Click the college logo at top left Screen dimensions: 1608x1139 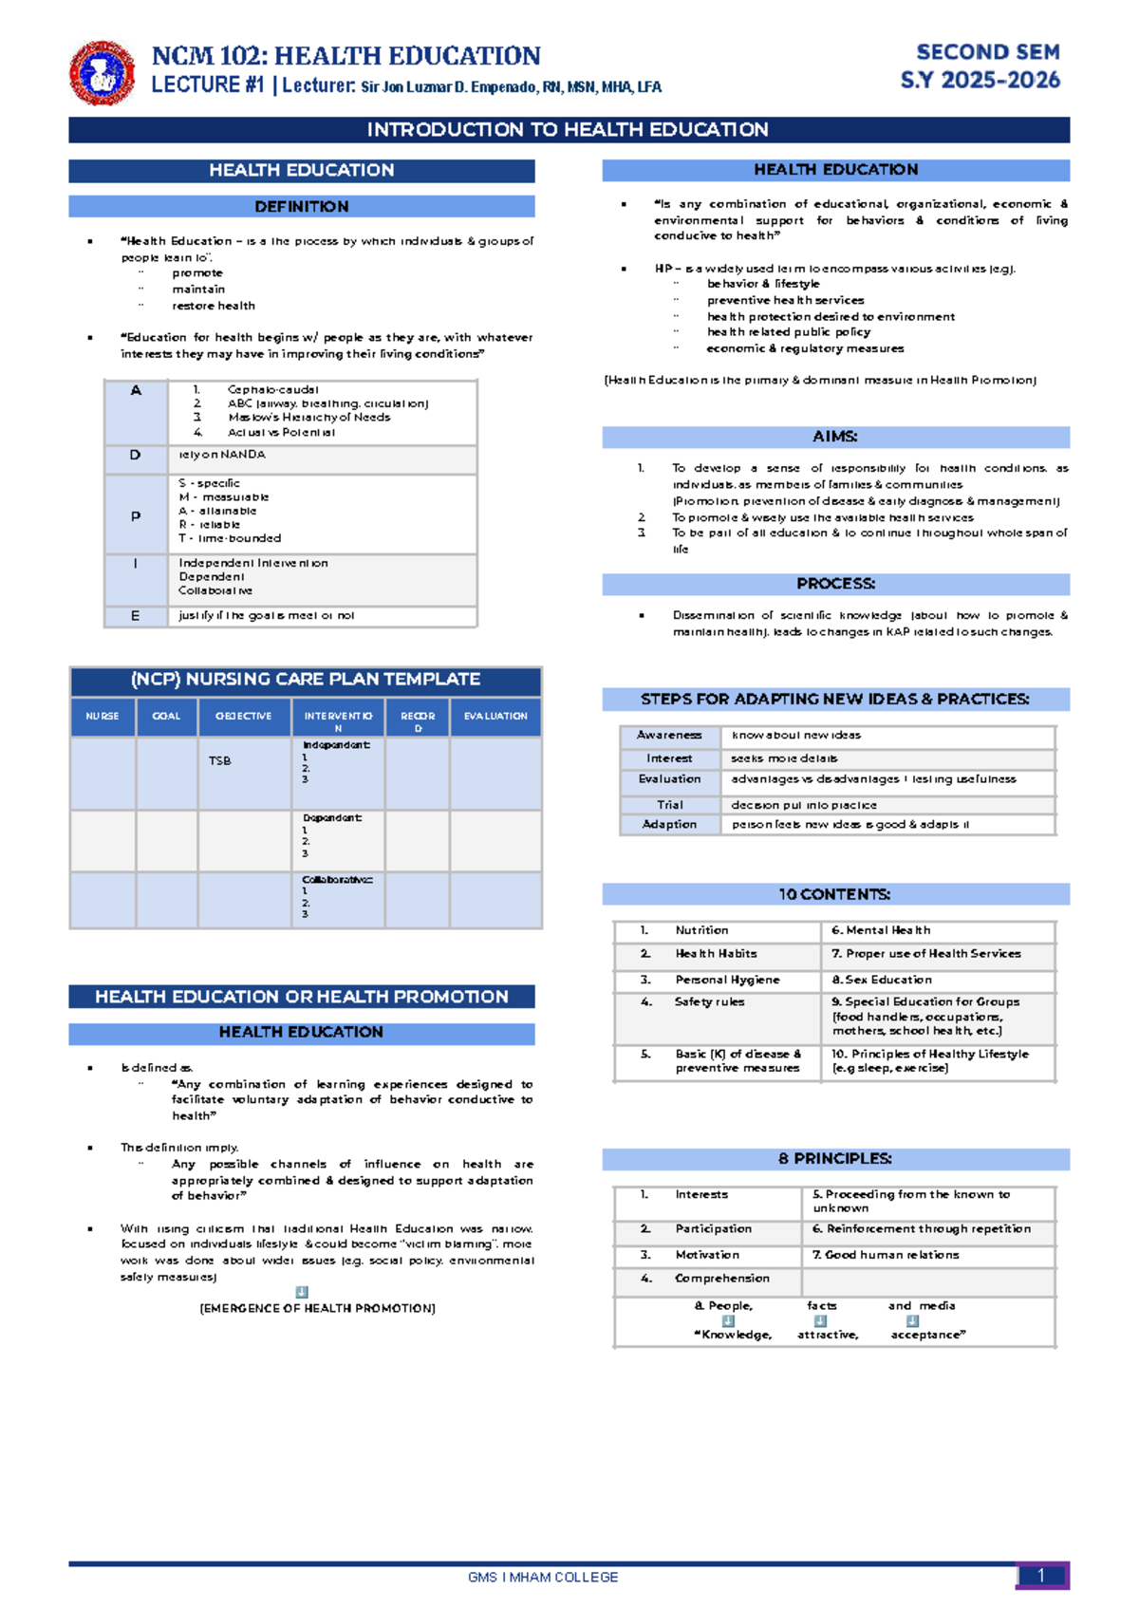(x=101, y=72)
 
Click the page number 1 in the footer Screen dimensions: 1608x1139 (x=1041, y=1576)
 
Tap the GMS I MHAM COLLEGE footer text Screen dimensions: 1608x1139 (x=543, y=1577)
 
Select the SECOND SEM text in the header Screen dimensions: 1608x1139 (x=987, y=52)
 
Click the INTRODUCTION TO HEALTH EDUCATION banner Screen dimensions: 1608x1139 (x=568, y=130)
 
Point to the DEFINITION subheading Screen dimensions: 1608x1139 (x=301, y=207)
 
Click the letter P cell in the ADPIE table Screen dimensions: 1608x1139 (x=136, y=516)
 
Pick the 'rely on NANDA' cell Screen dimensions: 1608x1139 (x=222, y=455)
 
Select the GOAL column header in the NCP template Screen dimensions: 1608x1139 (x=166, y=717)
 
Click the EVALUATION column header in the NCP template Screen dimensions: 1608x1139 (x=495, y=717)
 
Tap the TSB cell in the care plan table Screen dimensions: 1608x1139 (x=220, y=760)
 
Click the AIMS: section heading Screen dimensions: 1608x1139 (x=835, y=437)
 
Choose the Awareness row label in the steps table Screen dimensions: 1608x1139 (x=669, y=736)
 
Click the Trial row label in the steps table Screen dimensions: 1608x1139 (x=669, y=805)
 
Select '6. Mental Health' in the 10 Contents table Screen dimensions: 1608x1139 (x=881, y=930)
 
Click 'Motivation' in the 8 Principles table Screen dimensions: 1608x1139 (x=707, y=1255)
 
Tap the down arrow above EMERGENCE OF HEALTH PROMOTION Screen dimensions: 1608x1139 (x=302, y=1292)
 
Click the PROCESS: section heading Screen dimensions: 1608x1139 (x=835, y=584)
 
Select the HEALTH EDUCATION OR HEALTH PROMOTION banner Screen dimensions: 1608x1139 (x=301, y=997)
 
